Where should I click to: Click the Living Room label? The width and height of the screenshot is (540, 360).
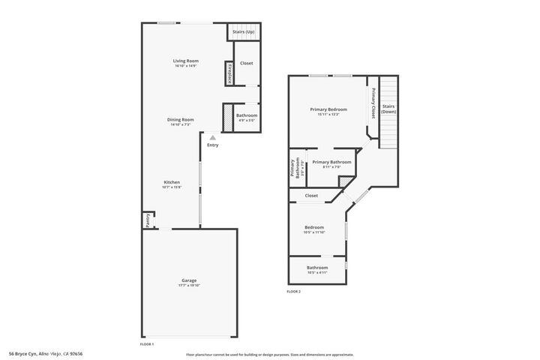[x=185, y=61]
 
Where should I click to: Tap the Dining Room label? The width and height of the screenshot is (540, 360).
[x=182, y=119]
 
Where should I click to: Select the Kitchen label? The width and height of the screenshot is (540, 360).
[x=172, y=182]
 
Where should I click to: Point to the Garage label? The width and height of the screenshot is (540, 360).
[x=189, y=280]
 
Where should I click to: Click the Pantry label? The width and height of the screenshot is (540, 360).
[x=148, y=220]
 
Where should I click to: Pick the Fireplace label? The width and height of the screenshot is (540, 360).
[x=228, y=73]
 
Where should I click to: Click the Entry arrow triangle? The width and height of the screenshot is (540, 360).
[x=213, y=138]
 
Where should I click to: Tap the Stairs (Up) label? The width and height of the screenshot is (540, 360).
[x=243, y=32]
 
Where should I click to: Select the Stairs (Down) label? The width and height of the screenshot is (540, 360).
[x=388, y=109]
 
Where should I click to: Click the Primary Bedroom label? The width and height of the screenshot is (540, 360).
[x=328, y=109]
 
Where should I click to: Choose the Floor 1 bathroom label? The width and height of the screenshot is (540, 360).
[x=247, y=115]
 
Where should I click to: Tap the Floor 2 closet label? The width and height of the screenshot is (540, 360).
[x=311, y=196]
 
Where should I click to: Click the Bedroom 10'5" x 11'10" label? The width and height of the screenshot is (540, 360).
[x=314, y=227]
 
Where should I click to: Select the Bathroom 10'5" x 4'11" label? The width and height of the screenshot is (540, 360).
[x=317, y=268]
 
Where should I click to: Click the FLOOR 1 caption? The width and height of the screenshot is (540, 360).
[x=147, y=343]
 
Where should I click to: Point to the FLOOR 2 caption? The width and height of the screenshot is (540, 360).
[x=293, y=291]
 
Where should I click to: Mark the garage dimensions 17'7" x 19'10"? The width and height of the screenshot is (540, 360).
[x=189, y=286]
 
